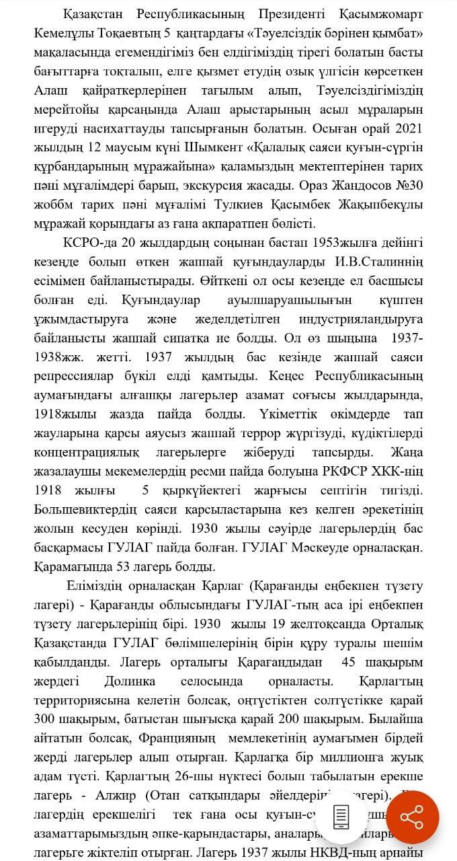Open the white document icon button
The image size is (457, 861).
pyautogui.click(x=341, y=817)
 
